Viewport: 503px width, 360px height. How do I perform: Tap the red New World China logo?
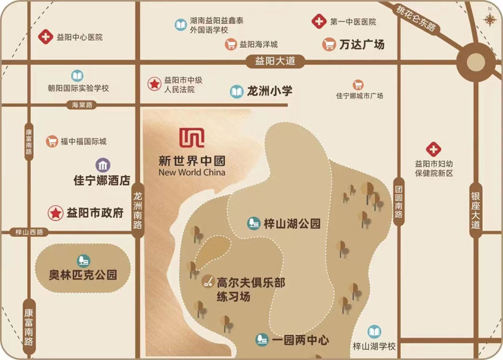pyautogui.click(x=189, y=138)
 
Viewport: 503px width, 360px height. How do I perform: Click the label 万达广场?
pyautogui.click(x=361, y=45)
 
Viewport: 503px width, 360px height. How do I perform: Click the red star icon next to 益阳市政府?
pyautogui.click(x=55, y=212)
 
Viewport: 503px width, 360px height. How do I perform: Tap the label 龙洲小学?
pyautogui.click(x=270, y=91)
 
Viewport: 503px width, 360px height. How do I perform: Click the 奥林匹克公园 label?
pyautogui.click(x=83, y=275)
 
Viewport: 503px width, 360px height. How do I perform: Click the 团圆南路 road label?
pyautogui.click(x=399, y=198)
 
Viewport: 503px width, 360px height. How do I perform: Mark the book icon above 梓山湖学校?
pyautogui.click(x=374, y=331)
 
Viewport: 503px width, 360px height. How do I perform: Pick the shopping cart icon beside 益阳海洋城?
pyautogui.click(x=231, y=45)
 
